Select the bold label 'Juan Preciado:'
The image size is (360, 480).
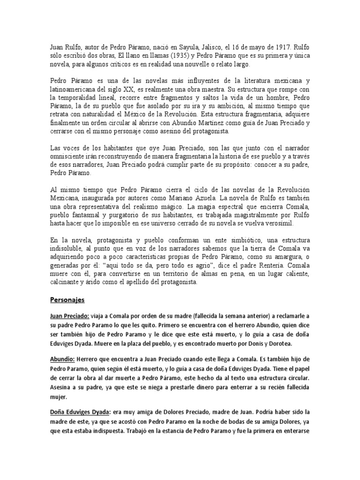(69, 316)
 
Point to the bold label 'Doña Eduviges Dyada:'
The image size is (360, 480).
(80, 412)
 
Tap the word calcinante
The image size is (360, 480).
(68, 283)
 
